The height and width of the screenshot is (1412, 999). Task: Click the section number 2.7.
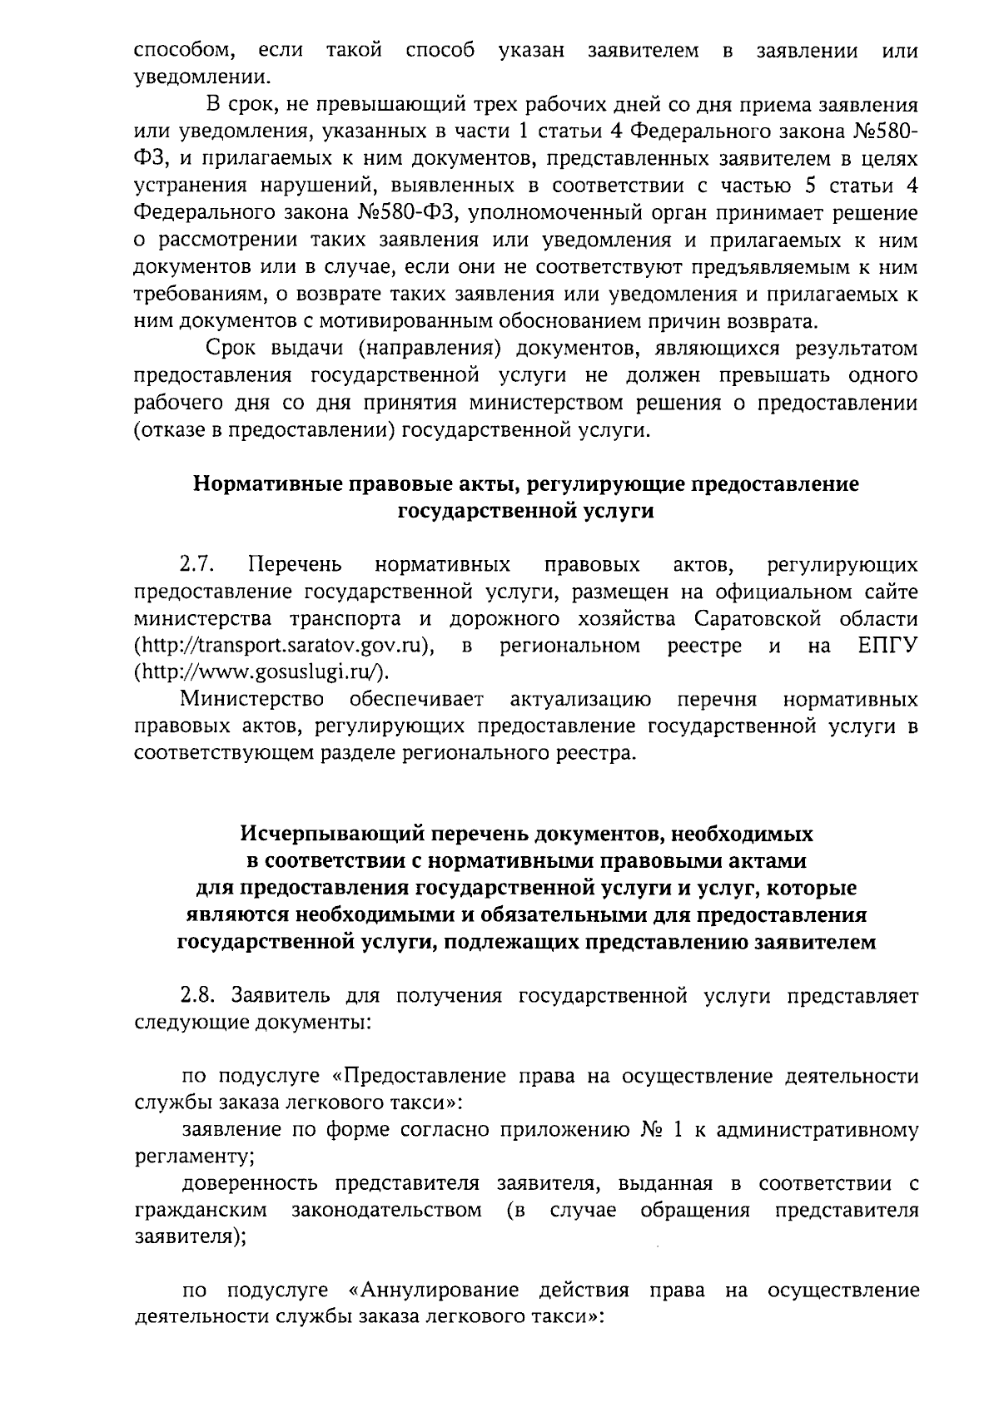click(x=198, y=566)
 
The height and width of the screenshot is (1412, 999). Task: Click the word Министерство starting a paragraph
click(x=253, y=699)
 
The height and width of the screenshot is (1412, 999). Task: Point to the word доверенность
click(x=251, y=1183)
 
